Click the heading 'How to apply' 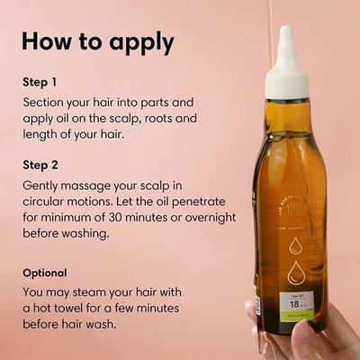(x=98, y=42)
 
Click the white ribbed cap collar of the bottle (x=288, y=83)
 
